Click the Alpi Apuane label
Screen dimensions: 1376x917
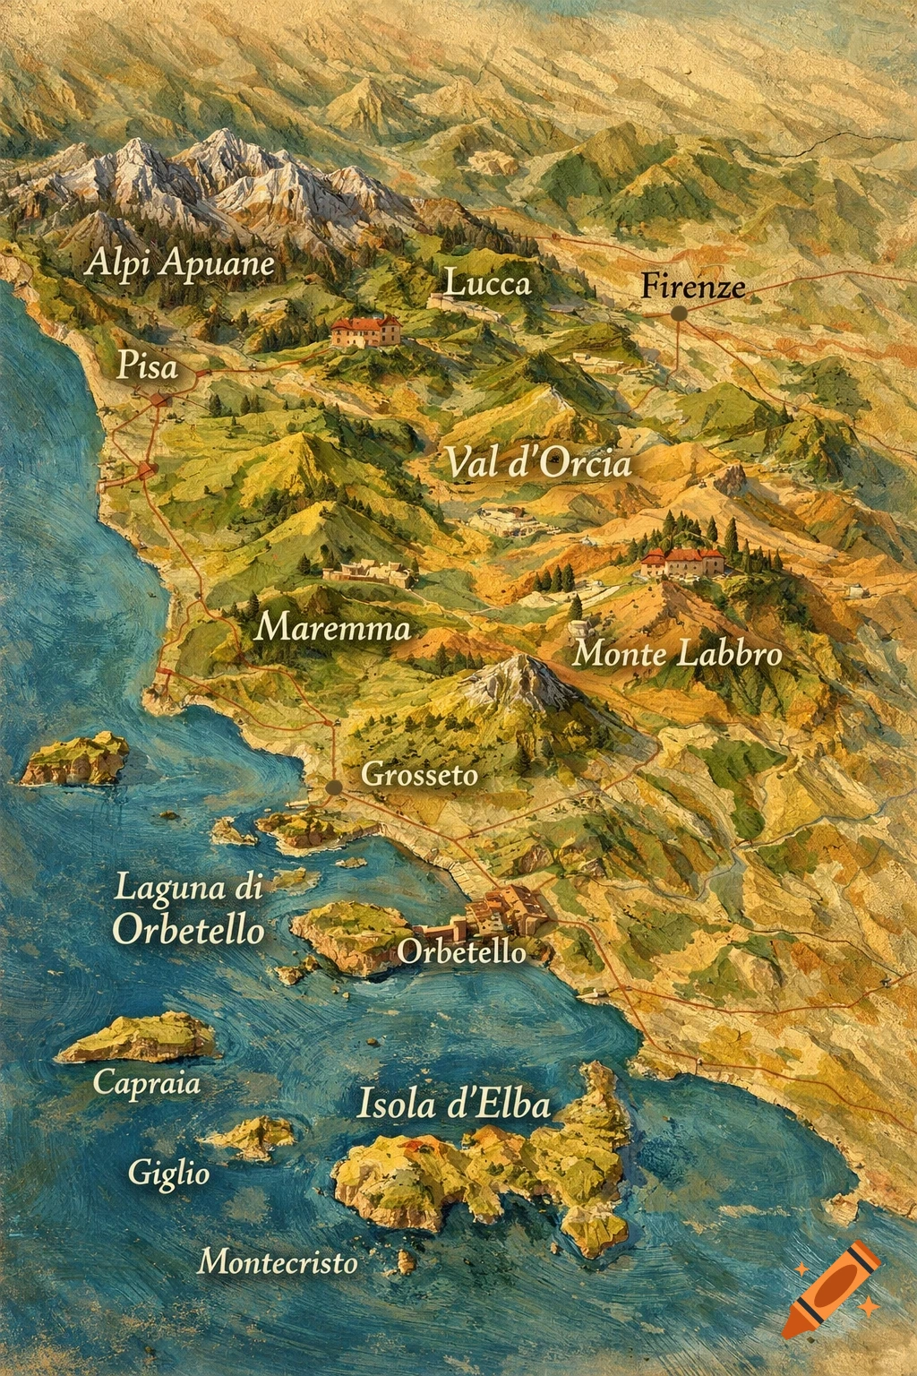180,263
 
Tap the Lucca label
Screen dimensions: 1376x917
487,284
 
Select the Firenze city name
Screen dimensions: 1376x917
693,287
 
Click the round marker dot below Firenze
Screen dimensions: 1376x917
679,314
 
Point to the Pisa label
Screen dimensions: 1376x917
148,366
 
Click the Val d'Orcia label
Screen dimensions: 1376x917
538,463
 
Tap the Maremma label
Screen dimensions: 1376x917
332,627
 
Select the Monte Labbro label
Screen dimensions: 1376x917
677,654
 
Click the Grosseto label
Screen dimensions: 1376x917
419,774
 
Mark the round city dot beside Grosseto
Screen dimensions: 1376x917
334,787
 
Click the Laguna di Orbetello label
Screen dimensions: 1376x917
189,909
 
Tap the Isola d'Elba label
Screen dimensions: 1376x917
453,1105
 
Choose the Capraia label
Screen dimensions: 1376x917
147,1083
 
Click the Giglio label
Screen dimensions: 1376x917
168,1173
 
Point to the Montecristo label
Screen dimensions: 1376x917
278,1262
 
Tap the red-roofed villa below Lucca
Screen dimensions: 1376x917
365,331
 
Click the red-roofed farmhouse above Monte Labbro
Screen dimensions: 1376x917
682,563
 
